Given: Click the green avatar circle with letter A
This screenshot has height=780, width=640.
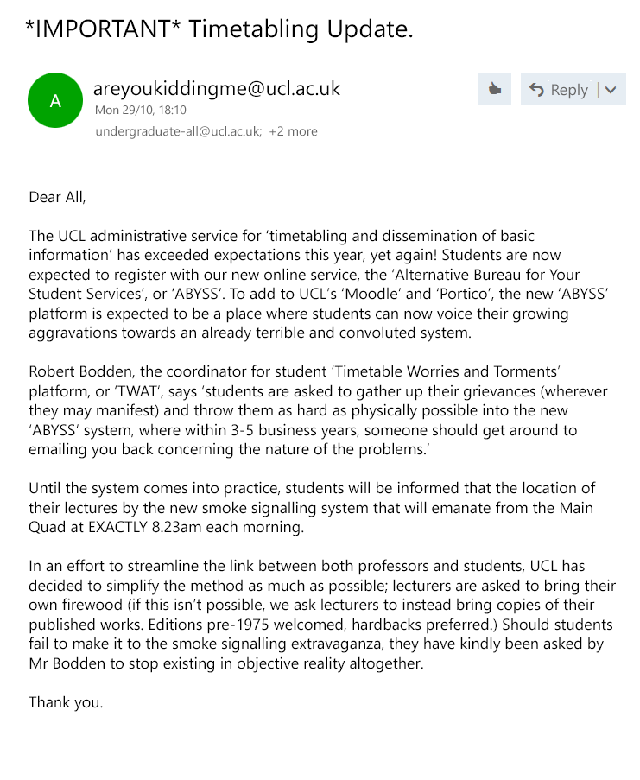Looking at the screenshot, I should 55,101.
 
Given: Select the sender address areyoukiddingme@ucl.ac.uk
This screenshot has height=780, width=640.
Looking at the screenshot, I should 217,88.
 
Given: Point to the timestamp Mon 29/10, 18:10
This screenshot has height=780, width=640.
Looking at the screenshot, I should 140,111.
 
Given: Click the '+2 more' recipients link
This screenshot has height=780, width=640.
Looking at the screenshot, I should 293,131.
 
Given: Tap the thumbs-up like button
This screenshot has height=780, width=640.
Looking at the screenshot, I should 495,89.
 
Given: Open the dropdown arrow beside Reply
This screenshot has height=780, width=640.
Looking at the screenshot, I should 611,89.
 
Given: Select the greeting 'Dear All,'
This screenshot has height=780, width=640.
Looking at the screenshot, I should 57,197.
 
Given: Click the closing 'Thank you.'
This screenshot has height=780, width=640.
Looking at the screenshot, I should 66,701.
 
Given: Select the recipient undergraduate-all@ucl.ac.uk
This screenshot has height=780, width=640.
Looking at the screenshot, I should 178,131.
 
